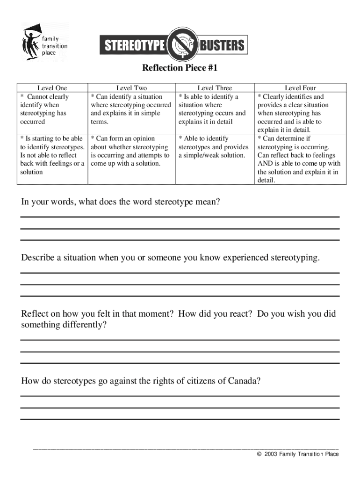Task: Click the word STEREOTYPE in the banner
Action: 135,45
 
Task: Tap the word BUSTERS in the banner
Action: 222,45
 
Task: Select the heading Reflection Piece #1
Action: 180,69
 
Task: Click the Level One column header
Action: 52,88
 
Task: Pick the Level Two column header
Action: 131,88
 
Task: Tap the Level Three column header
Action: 215,88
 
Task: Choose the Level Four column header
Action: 300,88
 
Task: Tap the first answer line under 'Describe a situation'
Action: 180,272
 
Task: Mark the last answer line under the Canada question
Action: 180,419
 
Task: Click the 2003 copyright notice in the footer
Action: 297,454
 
